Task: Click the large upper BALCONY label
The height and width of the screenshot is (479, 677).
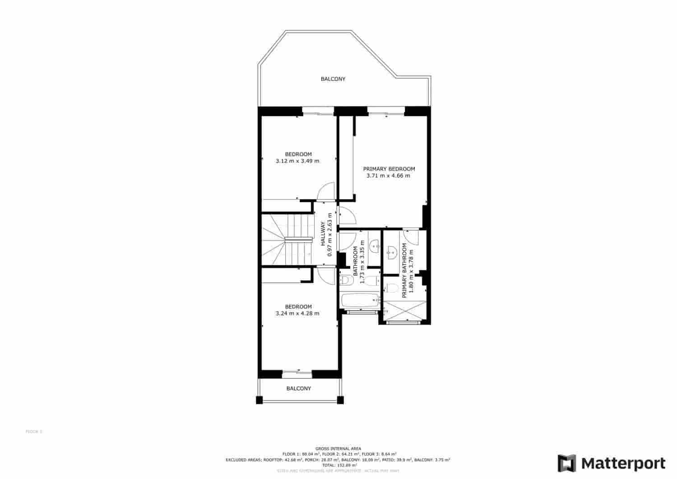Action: [333, 79]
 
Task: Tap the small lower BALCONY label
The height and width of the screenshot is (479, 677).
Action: [298, 388]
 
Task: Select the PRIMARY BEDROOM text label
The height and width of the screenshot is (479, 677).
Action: [389, 169]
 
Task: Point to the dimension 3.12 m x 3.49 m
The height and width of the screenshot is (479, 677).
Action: [297, 161]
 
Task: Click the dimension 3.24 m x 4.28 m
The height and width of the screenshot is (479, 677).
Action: [297, 313]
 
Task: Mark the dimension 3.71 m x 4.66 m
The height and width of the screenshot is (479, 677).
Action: [389, 176]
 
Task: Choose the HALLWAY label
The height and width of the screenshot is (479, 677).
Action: [323, 234]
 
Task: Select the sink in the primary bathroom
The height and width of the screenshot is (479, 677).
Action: [392, 251]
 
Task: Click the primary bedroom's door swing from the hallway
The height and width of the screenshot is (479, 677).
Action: [347, 216]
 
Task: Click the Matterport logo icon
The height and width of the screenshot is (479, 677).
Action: [567, 463]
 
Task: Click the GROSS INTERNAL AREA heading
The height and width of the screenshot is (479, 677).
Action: [338, 448]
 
